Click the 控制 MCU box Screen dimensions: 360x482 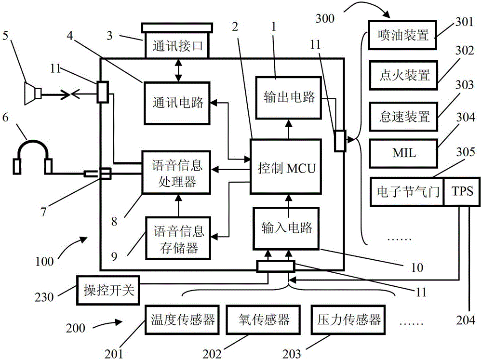coord(285,167)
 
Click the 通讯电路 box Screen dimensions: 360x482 coord(176,102)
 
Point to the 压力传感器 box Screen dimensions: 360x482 coord(349,320)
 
